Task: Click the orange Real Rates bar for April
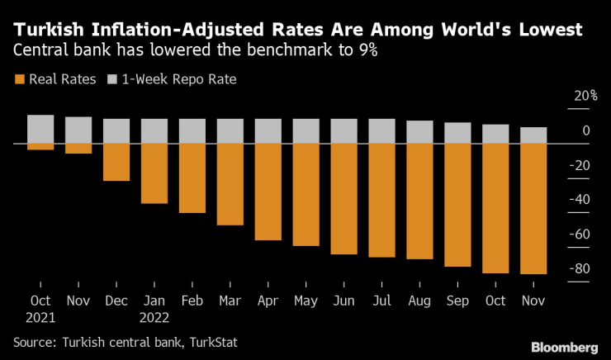point(268,192)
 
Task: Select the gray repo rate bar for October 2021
point(40,129)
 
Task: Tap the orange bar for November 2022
point(534,208)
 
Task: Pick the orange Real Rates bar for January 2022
point(154,173)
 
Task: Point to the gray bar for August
point(420,132)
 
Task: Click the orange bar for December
point(116,162)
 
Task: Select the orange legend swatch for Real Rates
point(19,79)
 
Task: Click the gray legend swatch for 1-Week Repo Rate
point(113,79)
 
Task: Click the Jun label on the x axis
point(343,301)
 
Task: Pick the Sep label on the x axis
point(457,301)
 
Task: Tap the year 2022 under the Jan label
point(154,316)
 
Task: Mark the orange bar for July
point(382,200)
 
